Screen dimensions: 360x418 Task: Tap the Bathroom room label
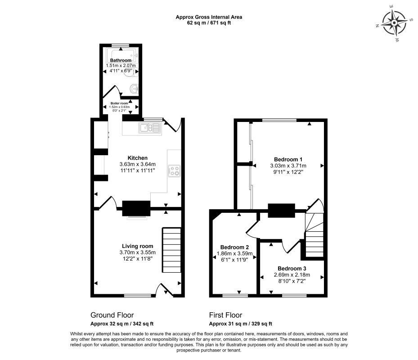pyautogui.click(x=121, y=60)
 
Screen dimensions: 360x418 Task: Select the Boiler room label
pyautogui.click(x=120, y=103)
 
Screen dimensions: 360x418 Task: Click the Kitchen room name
pyautogui.click(x=137, y=158)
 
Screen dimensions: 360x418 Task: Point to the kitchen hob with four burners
pyautogui.click(x=174, y=171)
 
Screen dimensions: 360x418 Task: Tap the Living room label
pyautogui.click(x=137, y=246)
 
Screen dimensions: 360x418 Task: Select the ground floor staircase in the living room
pyautogui.click(x=171, y=250)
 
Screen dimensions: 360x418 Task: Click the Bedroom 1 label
pyautogui.click(x=288, y=159)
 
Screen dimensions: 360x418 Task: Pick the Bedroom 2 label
pyautogui.click(x=234, y=247)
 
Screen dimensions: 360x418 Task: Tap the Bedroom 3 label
pyautogui.click(x=292, y=268)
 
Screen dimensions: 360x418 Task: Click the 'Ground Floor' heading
pyautogui.click(x=112, y=315)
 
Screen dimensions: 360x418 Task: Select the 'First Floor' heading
pyautogui.click(x=225, y=315)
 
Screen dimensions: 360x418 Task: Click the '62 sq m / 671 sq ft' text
pyautogui.click(x=209, y=23)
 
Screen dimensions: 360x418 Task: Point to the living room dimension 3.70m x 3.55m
pyautogui.click(x=137, y=252)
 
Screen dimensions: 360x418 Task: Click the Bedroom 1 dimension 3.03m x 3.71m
pyautogui.click(x=288, y=166)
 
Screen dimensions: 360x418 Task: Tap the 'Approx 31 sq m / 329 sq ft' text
pyautogui.click(x=240, y=324)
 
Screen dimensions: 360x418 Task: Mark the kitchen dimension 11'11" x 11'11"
pyautogui.click(x=137, y=171)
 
